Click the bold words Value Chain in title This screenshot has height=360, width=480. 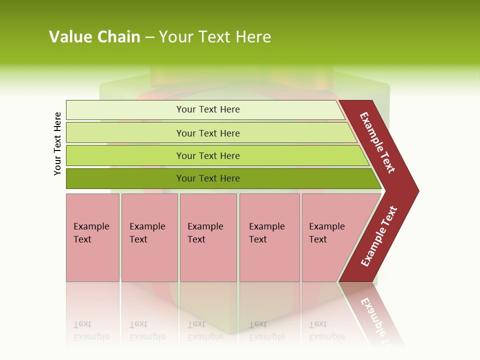[x=94, y=37]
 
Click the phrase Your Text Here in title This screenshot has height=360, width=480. [x=215, y=37]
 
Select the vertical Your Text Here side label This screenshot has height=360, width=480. [x=57, y=143]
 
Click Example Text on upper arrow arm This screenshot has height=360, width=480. [x=377, y=143]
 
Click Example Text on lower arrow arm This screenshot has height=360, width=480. [x=378, y=236]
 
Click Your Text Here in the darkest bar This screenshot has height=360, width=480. [x=208, y=178]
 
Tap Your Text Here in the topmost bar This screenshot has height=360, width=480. [x=208, y=109]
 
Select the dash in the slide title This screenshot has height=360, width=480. [x=149, y=37]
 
